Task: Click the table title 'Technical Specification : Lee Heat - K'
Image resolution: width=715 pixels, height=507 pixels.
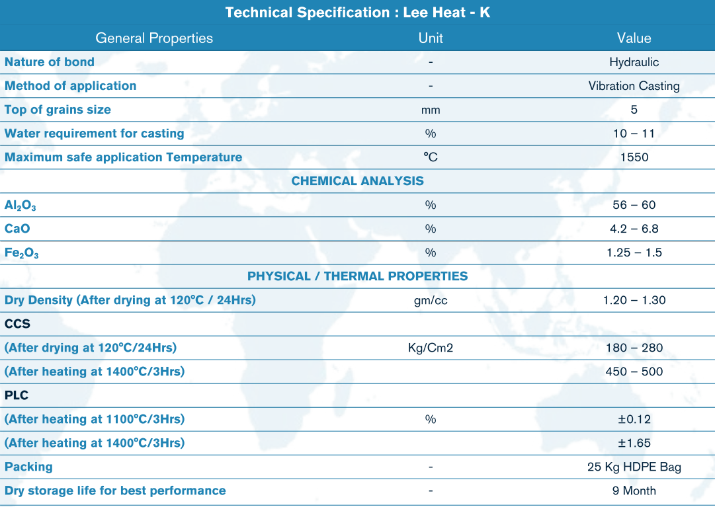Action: point(357,13)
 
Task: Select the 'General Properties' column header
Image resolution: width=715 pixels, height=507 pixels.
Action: point(154,38)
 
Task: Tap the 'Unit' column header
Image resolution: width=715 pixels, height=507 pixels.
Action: point(431,38)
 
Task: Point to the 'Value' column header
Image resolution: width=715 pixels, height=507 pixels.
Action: point(634,38)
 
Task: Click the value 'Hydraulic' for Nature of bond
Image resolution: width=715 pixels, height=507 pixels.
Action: point(634,62)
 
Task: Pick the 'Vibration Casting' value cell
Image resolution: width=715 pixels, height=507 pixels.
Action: point(634,86)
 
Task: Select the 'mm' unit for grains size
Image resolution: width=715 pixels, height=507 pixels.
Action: point(431,110)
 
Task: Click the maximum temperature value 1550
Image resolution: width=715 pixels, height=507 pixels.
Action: point(634,157)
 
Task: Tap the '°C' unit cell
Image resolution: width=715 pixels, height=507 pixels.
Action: point(431,157)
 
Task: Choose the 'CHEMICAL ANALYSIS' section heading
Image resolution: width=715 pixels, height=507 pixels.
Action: point(357,181)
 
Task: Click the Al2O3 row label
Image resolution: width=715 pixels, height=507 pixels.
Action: point(21,206)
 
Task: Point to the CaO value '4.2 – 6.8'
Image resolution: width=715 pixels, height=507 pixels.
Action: point(634,229)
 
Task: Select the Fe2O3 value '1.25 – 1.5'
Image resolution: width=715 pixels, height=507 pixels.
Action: point(634,253)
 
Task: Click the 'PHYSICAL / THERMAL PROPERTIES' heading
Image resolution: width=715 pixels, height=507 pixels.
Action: point(357,276)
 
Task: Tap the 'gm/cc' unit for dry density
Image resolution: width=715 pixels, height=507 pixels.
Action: point(431,300)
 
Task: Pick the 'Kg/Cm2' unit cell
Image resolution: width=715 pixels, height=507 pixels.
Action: point(431,348)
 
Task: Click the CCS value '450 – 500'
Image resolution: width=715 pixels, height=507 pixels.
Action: point(634,371)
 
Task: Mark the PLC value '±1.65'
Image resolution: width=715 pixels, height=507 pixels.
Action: point(634,443)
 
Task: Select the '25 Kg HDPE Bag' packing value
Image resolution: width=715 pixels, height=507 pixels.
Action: point(634,467)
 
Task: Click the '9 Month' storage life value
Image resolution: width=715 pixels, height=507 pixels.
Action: point(634,490)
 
